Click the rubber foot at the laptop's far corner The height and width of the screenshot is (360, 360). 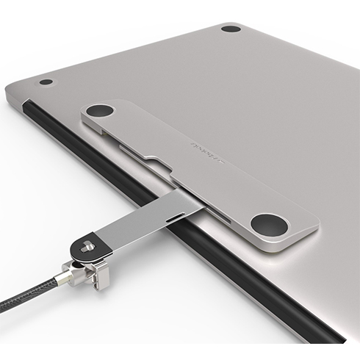pos(231,29)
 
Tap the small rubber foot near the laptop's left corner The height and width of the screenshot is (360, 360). pos(46,82)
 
